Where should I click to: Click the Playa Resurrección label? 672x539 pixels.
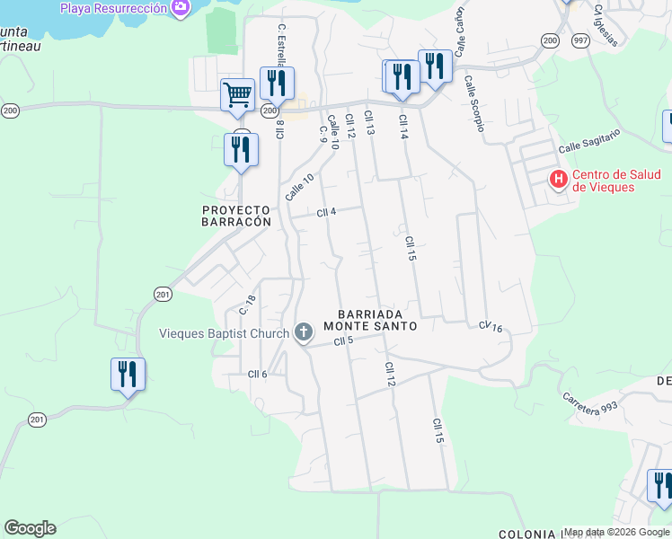(113, 8)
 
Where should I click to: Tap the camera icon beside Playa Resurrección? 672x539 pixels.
(182, 8)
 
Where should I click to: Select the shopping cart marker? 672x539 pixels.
(238, 94)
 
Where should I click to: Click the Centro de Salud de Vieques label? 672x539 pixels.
(604, 181)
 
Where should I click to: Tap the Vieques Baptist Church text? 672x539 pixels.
(224, 333)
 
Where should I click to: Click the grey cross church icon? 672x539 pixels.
(304, 333)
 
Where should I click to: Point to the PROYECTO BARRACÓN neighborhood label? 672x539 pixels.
(235, 215)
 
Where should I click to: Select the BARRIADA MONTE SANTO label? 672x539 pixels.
(377, 320)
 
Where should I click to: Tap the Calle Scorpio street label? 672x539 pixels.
(474, 103)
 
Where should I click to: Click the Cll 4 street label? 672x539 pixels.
(326, 213)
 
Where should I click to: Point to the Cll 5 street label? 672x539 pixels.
(343, 341)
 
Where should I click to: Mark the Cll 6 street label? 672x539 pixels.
(258, 374)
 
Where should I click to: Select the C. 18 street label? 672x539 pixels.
(247, 305)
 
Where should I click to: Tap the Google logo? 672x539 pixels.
(30, 528)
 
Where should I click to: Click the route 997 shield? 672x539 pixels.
(579, 39)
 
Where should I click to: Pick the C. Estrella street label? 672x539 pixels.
(281, 45)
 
